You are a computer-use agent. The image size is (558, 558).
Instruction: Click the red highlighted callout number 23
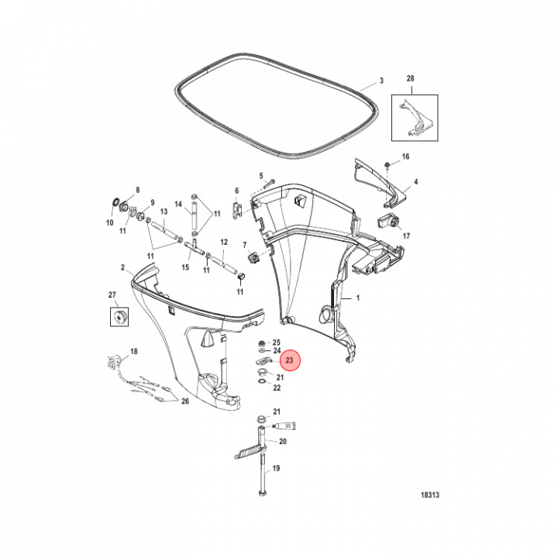click(x=289, y=360)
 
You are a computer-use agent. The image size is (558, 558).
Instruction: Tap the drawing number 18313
click(x=430, y=494)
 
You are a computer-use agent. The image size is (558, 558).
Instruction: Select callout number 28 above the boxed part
click(x=410, y=78)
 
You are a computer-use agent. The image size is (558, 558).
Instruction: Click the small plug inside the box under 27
click(x=119, y=316)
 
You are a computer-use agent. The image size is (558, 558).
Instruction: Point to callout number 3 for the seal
click(x=381, y=81)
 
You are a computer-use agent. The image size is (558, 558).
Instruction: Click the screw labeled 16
click(x=387, y=165)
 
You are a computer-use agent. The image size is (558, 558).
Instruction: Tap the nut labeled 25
click(x=261, y=343)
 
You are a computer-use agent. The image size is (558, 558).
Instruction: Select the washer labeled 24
click(x=262, y=351)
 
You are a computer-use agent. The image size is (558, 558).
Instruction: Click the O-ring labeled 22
click(x=262, y=382)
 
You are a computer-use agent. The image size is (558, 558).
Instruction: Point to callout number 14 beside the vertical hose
click(x=178, y=204)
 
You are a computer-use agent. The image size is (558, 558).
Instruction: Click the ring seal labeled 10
click(x=115, y=202)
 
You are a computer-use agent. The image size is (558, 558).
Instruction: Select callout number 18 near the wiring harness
click(x=134, y=352)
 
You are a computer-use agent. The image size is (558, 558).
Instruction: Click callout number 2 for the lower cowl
click(x=122, y=267)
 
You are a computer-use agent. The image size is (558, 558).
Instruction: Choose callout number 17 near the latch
click(x=406, y=236)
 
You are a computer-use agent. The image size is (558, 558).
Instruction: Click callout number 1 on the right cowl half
click(x=358, y=298)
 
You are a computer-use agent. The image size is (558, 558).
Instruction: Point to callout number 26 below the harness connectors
click(x=185, y=401)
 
